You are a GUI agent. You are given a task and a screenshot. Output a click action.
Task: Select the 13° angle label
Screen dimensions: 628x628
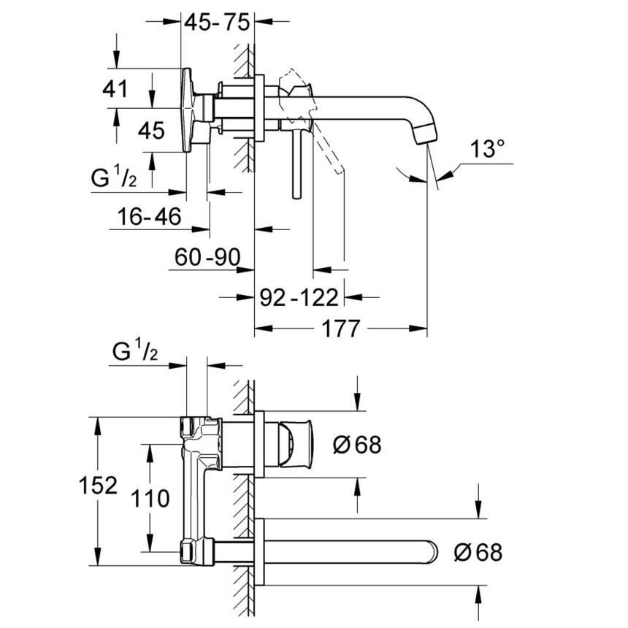[x=486, y=150]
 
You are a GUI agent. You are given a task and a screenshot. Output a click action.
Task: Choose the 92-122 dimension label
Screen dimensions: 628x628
[x=300, y=297]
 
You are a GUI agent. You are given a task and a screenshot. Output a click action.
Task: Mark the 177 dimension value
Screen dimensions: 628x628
[x=340, y=329]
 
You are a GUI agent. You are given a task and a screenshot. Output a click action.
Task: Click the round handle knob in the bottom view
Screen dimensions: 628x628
[x=297, y=444]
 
